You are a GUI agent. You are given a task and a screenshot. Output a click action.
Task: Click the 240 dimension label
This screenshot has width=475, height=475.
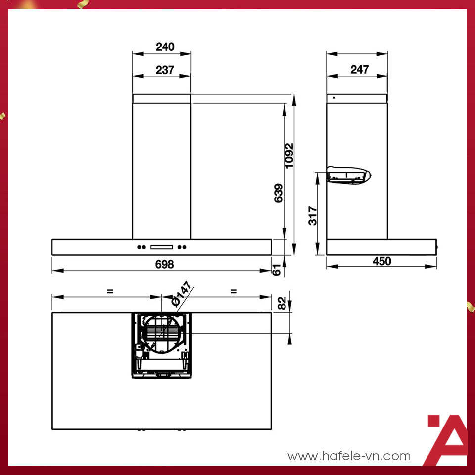165,47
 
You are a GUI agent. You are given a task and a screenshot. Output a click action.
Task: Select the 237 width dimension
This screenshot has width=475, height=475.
165,70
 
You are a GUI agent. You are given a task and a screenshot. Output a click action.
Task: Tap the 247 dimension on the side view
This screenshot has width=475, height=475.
359,70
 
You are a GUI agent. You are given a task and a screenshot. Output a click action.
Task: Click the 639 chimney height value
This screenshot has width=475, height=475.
278,193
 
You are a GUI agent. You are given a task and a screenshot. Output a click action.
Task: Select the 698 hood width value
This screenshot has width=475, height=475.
164,264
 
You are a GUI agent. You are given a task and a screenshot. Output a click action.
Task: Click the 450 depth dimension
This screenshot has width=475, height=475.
382,261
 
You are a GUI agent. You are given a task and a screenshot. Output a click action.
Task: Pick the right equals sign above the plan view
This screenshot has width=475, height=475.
233,292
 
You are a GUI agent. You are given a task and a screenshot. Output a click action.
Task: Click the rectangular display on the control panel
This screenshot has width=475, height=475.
162,247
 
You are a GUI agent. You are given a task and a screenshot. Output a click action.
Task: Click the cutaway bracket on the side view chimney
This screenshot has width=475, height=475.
349,174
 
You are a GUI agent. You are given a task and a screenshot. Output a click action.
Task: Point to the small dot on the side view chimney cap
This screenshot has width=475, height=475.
334,98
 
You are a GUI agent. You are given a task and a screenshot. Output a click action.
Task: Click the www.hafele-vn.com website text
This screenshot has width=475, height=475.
349,456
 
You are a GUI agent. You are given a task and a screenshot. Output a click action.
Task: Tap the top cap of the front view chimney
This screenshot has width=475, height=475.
161,98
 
